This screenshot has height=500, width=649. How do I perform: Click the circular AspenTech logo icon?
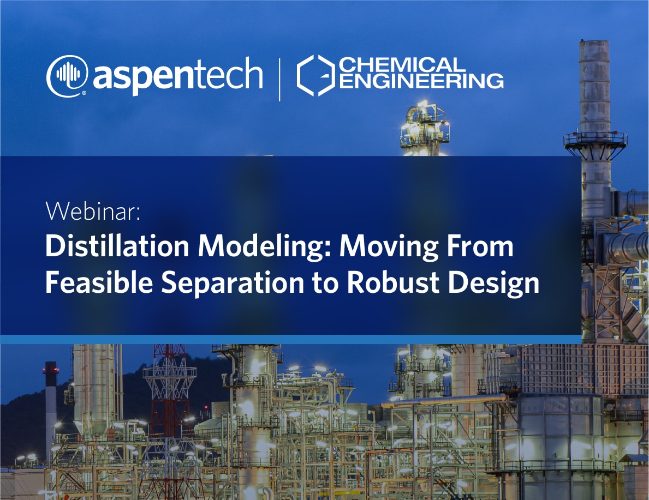(67, 76)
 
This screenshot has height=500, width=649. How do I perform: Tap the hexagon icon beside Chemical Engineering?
(316, 75)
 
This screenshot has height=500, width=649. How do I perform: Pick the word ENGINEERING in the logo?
(421, 81)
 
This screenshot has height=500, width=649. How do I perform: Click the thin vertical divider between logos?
(280, 80)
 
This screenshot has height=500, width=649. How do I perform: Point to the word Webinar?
(93, 211)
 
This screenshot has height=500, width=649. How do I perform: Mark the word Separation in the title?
(233, 284)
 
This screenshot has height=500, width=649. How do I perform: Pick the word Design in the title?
(494, 284)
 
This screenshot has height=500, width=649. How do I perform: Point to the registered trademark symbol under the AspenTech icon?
(84, 93)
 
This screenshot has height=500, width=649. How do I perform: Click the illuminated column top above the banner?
(424, 128)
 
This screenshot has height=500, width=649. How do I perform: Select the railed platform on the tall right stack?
(595, 141)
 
